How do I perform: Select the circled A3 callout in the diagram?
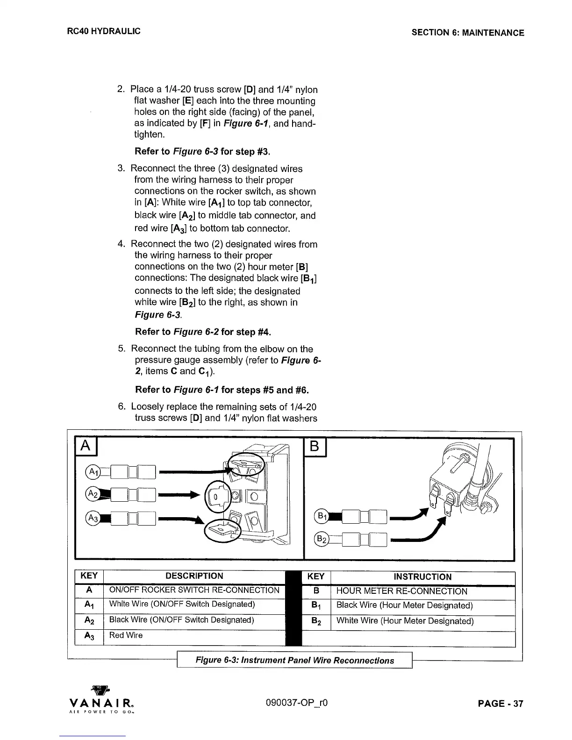pos(93,518)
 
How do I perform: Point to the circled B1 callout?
pos(322,516)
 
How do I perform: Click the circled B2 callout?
pos(322,539)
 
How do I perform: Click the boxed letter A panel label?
pos(86,447)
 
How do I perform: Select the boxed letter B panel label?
pos(315,447)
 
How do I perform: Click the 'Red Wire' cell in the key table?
pos(126,635)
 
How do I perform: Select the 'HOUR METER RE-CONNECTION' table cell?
pos(401,591)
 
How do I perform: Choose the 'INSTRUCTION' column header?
pos(422,577)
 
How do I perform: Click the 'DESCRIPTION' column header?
pos(194,576)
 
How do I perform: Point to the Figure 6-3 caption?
pos(294,661)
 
